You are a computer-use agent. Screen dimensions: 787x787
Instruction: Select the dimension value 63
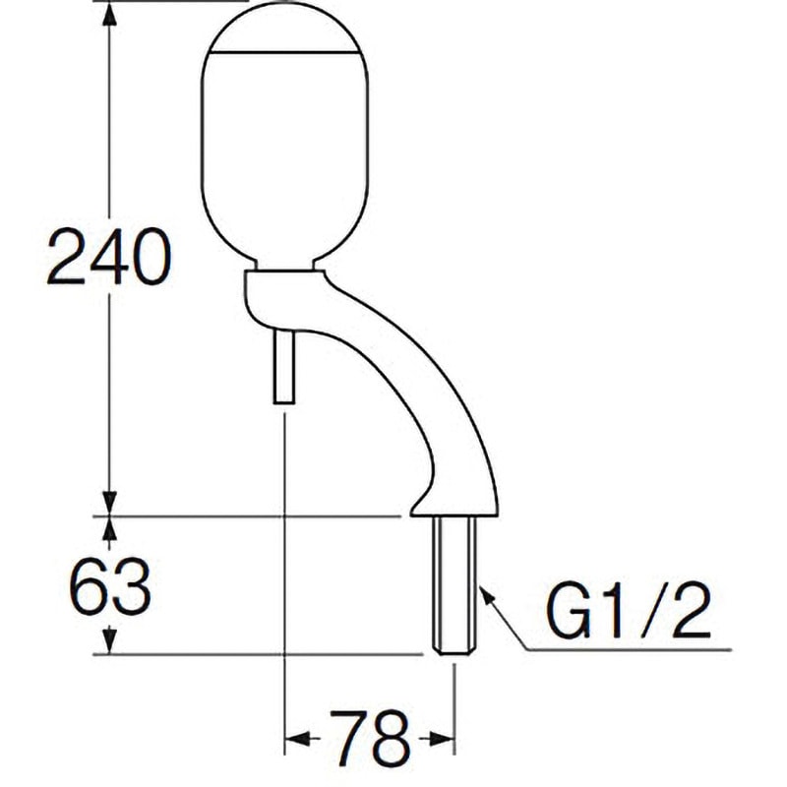click(x=109, y=588)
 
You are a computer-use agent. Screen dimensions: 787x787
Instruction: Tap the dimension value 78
click(x=370, y=735)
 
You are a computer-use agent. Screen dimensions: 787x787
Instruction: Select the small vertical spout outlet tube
click(x=283, y=367)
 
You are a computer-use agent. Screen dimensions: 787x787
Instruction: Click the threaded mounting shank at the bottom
click(x=455, y=584)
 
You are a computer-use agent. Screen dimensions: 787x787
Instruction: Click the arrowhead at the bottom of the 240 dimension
click(x=109, y=502)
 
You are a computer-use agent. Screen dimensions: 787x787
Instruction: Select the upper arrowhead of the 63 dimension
click(x=109, y=528)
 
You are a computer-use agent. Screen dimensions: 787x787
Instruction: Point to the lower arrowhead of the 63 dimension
click(x=109, y=641)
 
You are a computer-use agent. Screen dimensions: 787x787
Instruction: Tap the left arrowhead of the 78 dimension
click(x=295, y=737)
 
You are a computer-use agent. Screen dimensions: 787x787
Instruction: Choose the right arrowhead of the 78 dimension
click(x=444, y=737)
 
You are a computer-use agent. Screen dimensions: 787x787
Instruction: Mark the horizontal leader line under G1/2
click(x=630, y=650)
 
